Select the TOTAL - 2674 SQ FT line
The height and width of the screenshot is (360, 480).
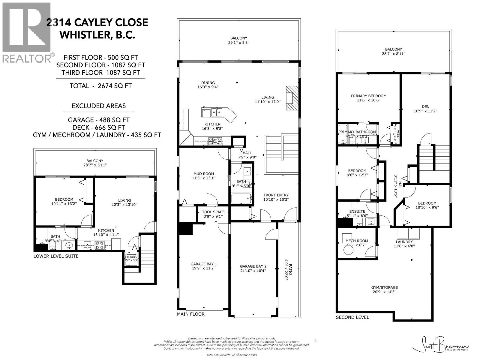[100, 86]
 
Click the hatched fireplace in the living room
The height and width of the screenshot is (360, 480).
[292, 99]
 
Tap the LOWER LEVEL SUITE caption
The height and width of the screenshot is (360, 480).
[56, 256]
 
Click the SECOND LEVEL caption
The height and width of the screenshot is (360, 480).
[352, 317]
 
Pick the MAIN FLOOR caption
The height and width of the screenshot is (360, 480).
[190, 314]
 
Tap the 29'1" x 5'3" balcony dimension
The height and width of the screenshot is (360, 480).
[239, 42]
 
